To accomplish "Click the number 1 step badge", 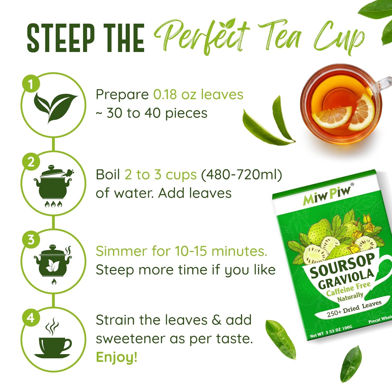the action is (31, 84).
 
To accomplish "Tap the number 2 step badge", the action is (31, 162).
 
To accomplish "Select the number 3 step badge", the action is (31, 239).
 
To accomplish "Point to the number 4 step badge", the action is (31, 318).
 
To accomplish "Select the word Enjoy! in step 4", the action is (117, 357).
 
